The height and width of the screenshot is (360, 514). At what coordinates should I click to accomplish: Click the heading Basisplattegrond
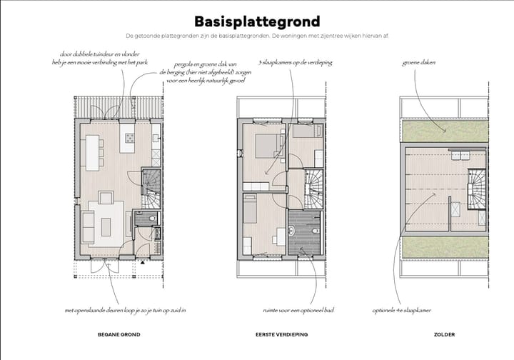coord(257,21)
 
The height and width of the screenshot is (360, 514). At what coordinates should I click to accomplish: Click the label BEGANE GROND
coord(119,334)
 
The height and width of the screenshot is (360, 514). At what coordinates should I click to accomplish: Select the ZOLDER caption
coord(444,334)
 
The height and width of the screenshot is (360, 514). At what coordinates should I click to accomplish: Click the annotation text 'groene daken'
coord(419,62)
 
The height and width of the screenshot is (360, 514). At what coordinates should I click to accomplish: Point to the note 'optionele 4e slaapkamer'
coord(400,311)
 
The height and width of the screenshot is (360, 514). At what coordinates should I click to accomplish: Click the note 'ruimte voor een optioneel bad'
coord(298,311)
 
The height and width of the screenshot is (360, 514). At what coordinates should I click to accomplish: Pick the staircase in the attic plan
coord(477,191)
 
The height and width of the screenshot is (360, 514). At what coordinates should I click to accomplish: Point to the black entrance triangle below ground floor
coord(143,263)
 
